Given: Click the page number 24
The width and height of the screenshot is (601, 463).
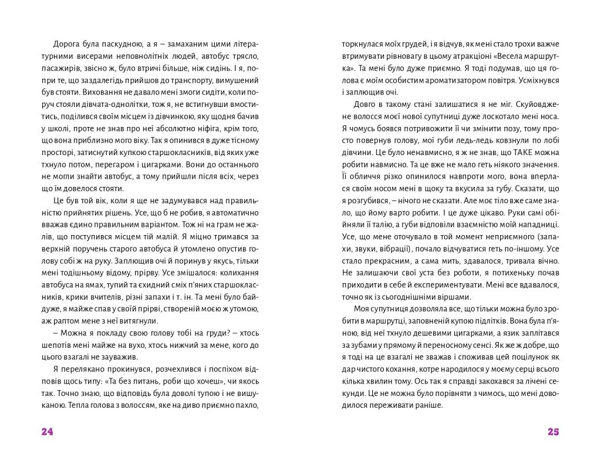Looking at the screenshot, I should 48,432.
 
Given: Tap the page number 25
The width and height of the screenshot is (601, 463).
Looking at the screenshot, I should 553,432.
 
